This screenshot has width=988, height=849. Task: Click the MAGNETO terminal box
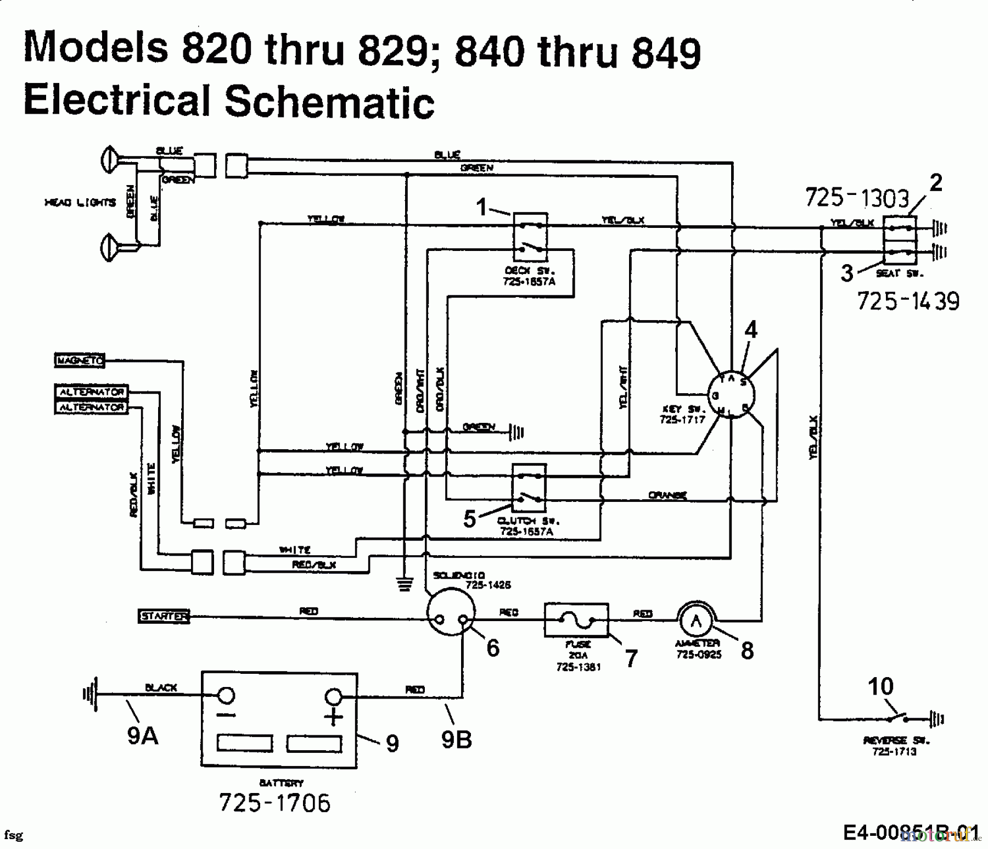(80, 360)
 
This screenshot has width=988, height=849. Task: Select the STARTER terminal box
(163, 616)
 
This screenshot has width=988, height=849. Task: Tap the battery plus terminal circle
(333, 697)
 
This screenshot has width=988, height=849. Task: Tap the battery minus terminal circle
(226, 695)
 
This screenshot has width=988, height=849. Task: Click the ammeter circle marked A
(696, 621)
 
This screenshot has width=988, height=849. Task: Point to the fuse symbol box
(576, 620)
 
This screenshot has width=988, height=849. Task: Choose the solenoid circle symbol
(451, 611)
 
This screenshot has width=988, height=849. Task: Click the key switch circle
(729, 394)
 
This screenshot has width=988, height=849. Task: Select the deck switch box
(530, 237)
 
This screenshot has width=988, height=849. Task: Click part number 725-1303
(857, 198)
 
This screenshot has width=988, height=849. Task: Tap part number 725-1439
(908, 301)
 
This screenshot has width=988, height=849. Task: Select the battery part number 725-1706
(274, 803)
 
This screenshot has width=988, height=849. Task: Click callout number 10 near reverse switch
(880, 686)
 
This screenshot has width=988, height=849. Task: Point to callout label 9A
(143, 736)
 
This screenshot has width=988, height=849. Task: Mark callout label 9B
(457, 740)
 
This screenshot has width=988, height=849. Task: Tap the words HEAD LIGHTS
(80, 203)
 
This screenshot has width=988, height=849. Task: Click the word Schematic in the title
(329, 101)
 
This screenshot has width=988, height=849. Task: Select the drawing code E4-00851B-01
(911, 833)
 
